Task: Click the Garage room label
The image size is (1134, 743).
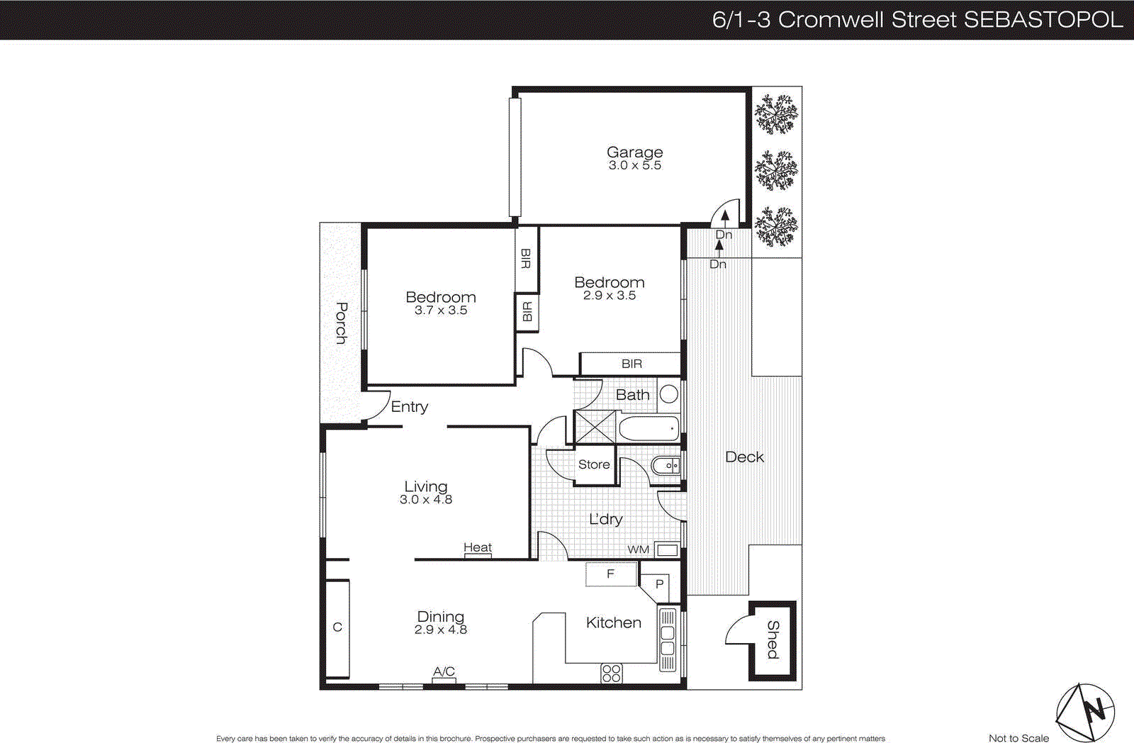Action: (x=634, y=152)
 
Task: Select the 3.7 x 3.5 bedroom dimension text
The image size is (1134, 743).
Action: (x=441, y=311)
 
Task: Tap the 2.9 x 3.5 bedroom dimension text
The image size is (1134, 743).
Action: (x=610, y=296)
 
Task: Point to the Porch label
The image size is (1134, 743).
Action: (x=341, y=323)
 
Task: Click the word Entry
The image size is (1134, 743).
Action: (x=410, y=407)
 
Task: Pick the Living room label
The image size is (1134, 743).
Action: (x=425, y=486)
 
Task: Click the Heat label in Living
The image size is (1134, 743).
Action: (x=477, y=547)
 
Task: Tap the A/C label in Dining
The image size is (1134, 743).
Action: (x=444, y=671)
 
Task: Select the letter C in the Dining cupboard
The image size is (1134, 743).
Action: (x=337, y=627)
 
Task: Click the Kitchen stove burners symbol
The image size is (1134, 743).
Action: (x=611, y=674)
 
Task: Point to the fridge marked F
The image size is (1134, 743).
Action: (x=610, y=574)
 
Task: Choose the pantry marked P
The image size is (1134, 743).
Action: (x=659, y=584)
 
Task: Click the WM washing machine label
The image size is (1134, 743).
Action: (x=638, y=549)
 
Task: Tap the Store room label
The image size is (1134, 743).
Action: (x=594, y=464)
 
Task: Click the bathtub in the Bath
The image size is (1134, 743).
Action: (x=649, y=429)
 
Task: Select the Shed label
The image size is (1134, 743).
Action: (x=773, y=640)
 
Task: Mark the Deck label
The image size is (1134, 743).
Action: (x=744, y=457)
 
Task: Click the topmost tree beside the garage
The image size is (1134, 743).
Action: (x=776, y=114)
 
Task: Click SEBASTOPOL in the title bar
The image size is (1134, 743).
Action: (x=1043, y=19)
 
